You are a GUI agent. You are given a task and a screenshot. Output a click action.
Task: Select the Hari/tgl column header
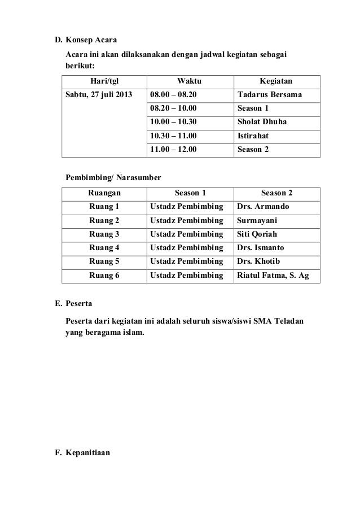(104, 80)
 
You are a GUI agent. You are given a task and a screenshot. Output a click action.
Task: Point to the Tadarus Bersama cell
(270, 94)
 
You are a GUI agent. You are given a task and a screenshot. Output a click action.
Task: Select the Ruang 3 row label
(104, 234)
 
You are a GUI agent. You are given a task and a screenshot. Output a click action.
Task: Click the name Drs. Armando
(264, 207)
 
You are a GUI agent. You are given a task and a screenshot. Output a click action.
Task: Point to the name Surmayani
(257, 220)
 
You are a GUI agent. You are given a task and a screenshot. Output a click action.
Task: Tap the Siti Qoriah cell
(257, 234)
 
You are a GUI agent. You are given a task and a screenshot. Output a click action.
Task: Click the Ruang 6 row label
(104, 276)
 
